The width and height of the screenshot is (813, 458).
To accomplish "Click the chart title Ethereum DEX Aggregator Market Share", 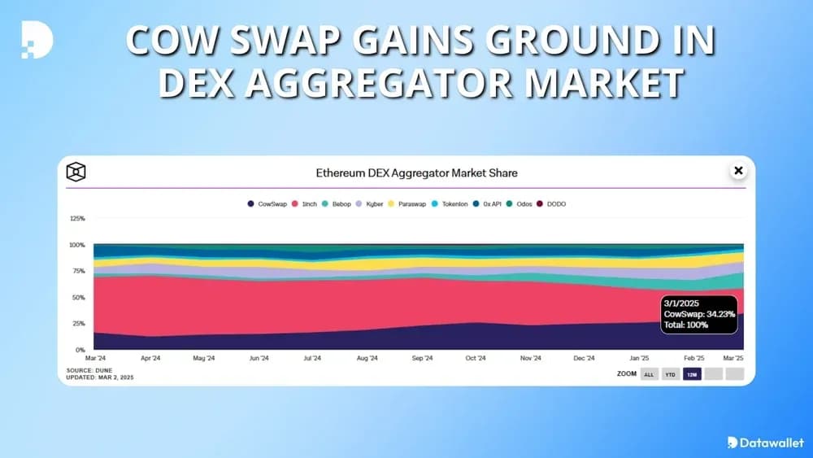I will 416,172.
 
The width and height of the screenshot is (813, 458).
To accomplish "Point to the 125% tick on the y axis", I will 77,219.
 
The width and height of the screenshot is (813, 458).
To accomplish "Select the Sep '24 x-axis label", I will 421,358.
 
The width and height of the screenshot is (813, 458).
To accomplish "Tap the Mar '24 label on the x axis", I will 95,358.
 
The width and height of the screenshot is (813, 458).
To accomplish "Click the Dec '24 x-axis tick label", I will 585,358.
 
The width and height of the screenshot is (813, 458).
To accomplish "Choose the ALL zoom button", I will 649,374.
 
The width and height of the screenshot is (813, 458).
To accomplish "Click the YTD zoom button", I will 671,374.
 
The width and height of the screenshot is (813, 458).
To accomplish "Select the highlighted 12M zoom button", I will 692,374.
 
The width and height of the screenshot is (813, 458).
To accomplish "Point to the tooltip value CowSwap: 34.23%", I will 699,313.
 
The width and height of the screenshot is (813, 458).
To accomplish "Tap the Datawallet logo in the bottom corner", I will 765,443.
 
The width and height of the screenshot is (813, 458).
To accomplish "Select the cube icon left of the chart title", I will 76,172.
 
